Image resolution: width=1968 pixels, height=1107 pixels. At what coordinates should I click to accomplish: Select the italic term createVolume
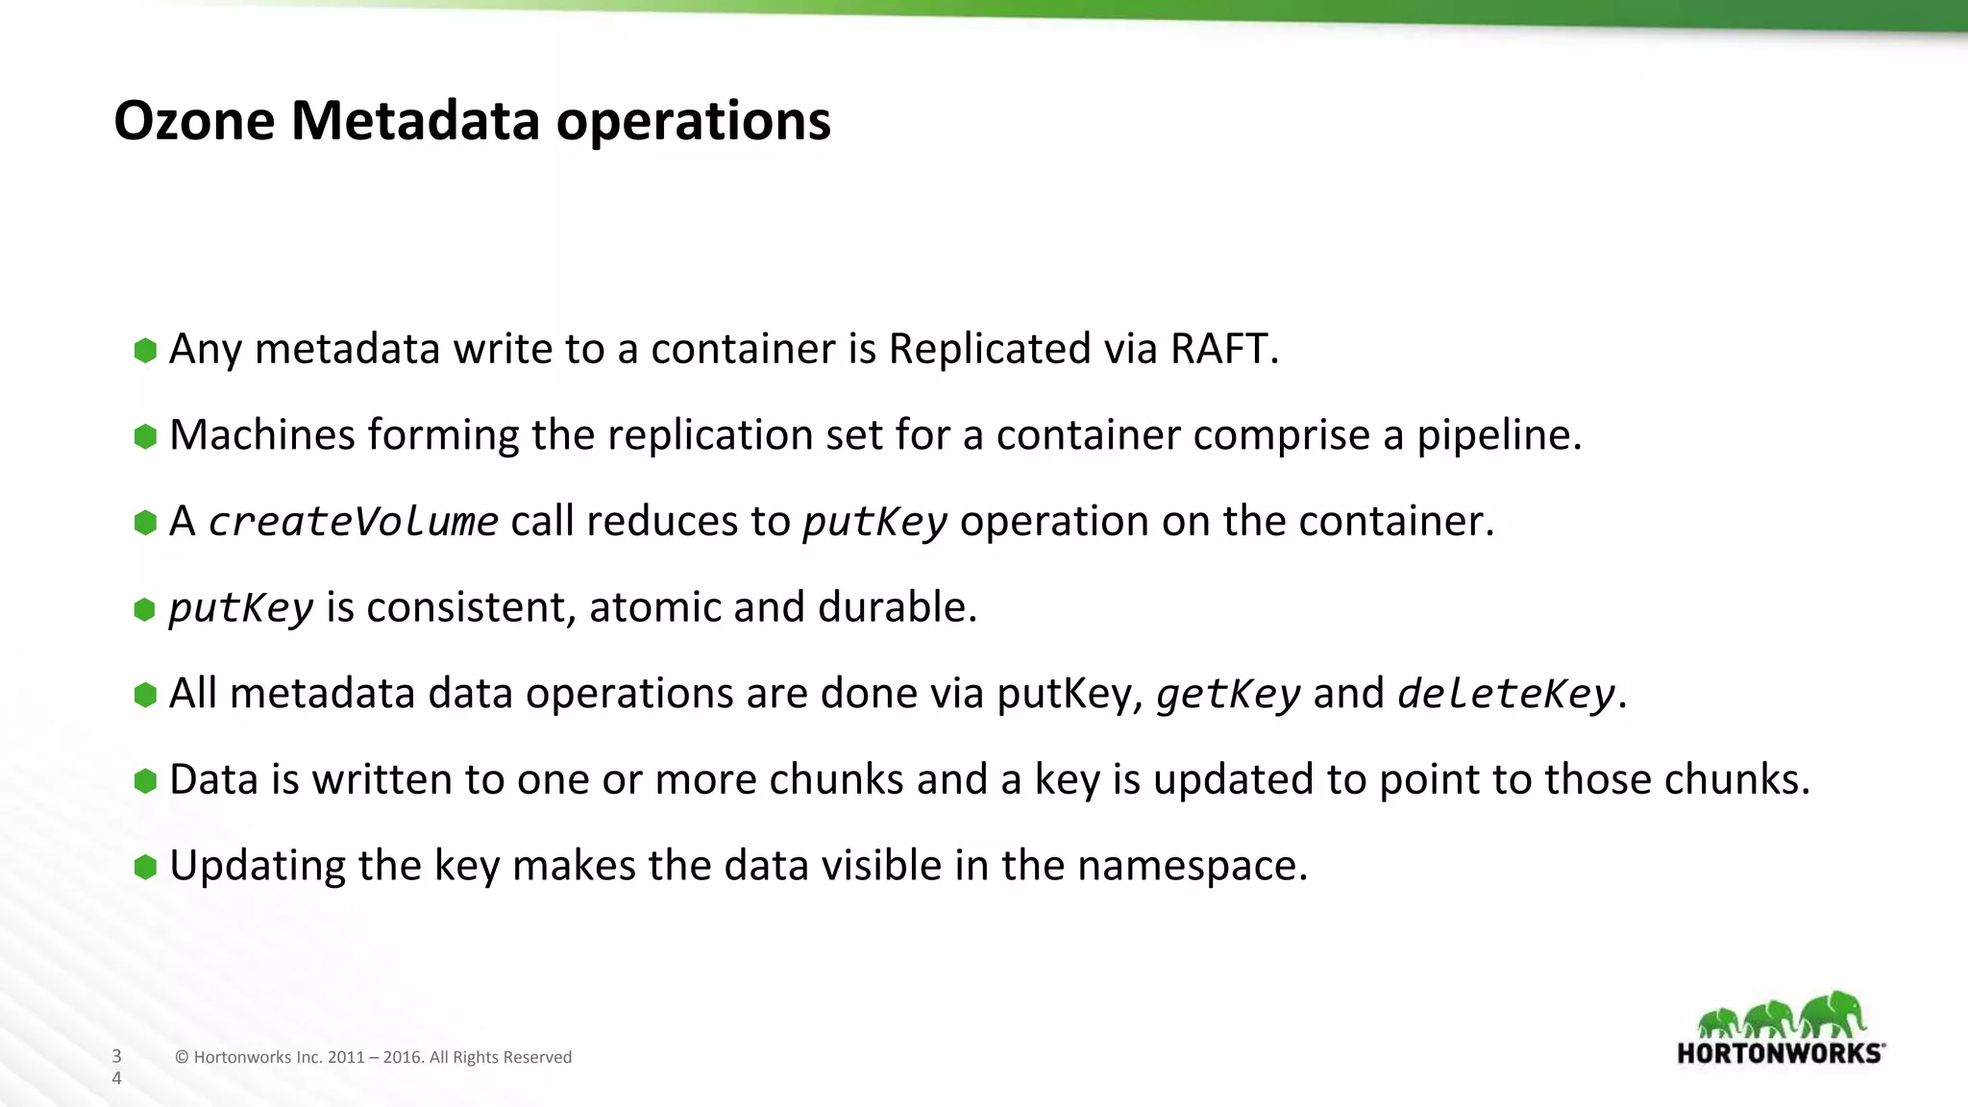coord(353,522)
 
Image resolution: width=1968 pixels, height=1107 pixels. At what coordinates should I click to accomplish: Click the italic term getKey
coord(1228,694)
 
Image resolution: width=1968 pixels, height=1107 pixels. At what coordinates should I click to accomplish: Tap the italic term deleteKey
coord(1506,694)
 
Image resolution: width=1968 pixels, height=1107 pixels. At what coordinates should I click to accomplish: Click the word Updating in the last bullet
coord(257,866)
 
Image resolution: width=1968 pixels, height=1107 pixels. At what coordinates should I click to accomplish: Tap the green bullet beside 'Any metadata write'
coord(145,350)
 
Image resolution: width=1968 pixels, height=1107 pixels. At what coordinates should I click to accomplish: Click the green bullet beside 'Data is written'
coord(145,780)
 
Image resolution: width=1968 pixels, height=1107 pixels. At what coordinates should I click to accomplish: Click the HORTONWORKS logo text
coord(1779,1053)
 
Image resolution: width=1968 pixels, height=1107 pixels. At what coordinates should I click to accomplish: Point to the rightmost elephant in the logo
coord(1833,1015)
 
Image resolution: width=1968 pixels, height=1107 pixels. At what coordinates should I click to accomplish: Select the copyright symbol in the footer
coord(182,1057)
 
